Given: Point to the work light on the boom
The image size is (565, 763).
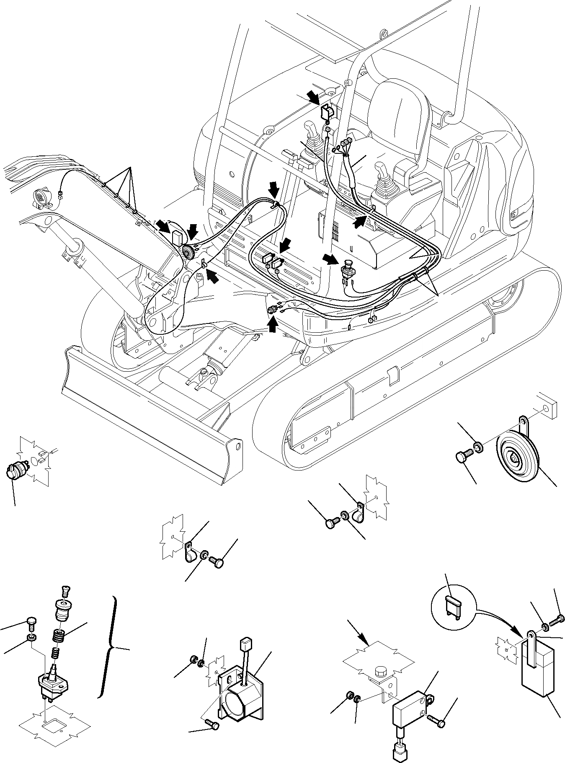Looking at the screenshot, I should pyautogui.click(x=41, y=197).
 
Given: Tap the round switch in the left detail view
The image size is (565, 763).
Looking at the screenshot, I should pyautogui.click(x=15, y=469).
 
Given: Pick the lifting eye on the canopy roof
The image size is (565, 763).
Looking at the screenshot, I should pyautogui.click(x=382, y=33).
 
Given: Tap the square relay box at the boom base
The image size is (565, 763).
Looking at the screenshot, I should pyautogui.click(x=178, y=237).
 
